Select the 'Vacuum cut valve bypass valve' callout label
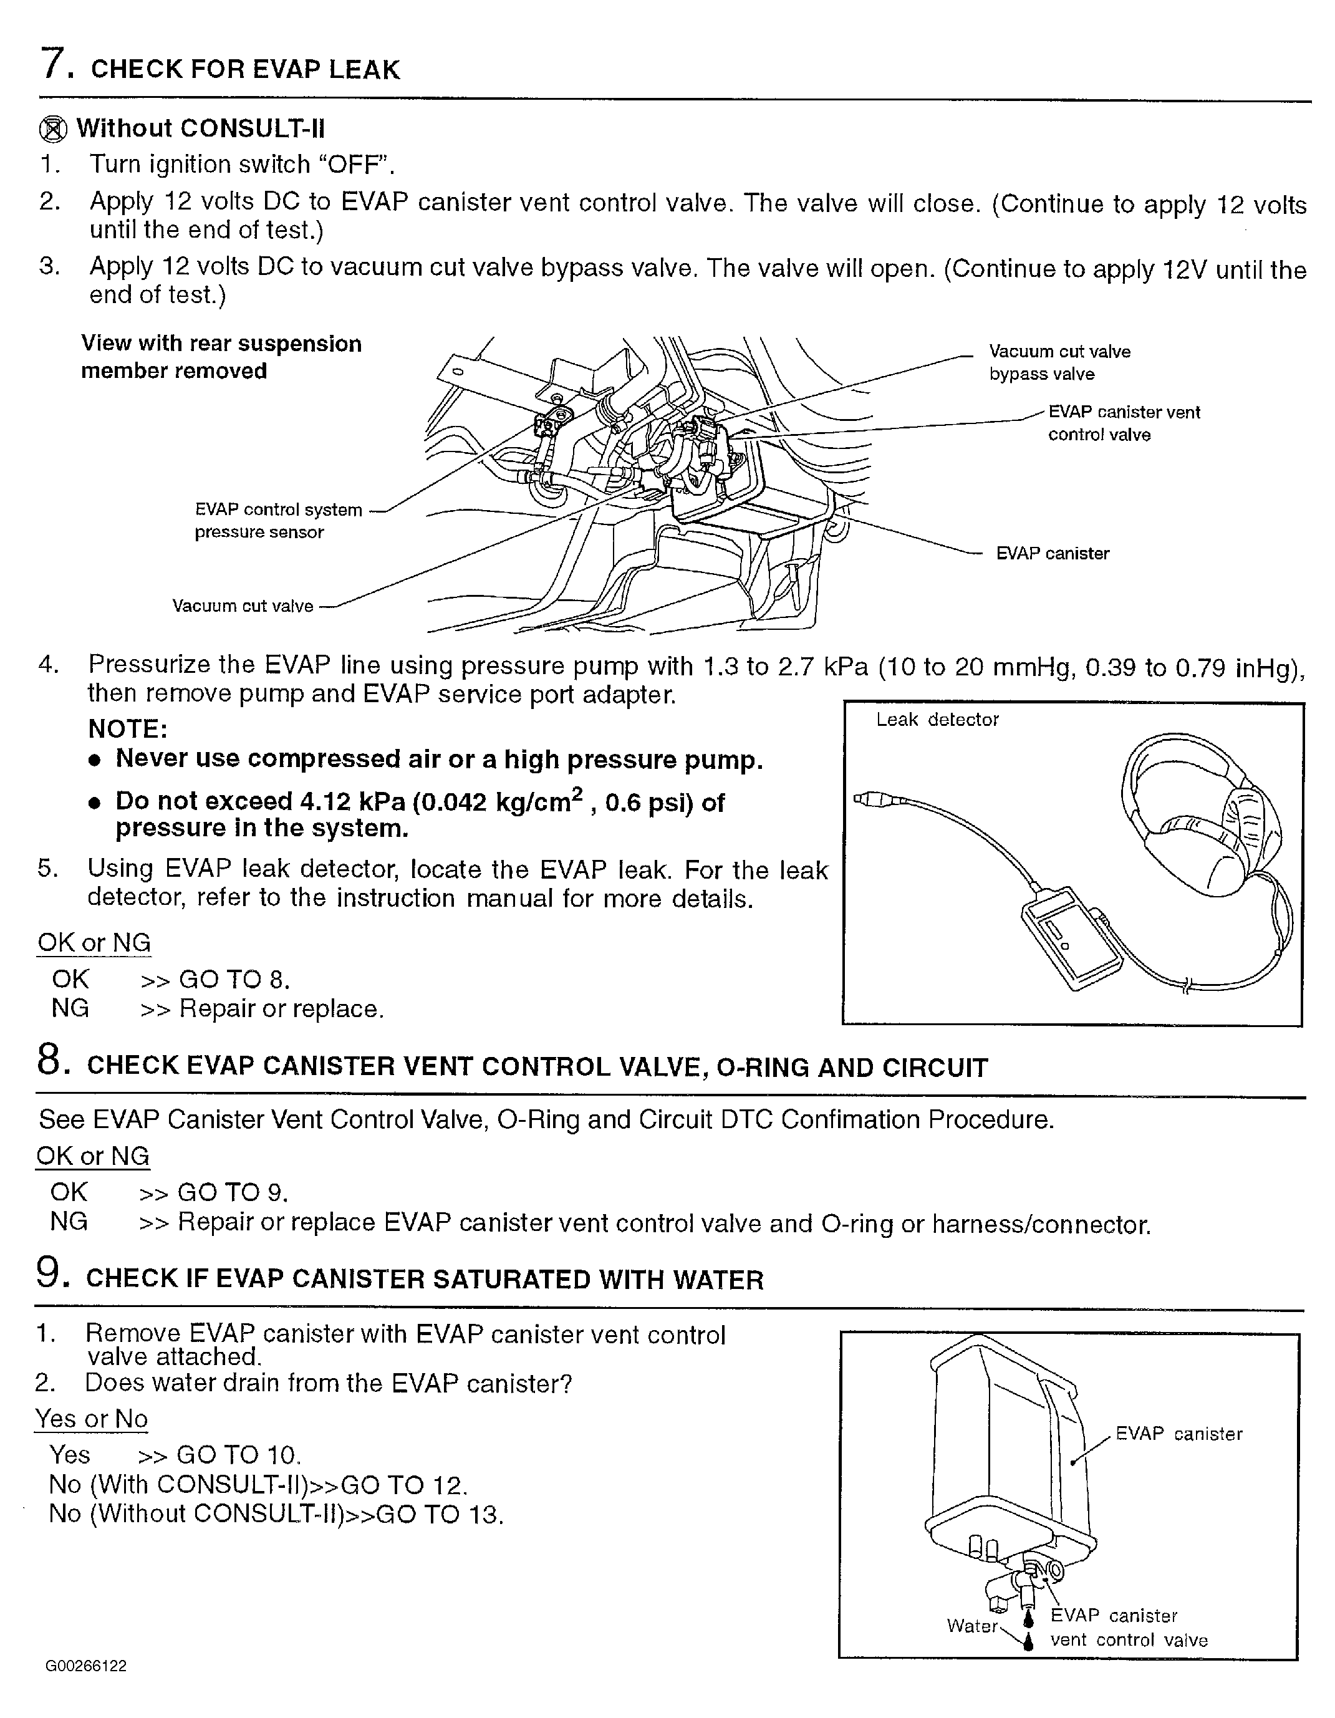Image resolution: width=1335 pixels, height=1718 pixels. (x=1059, y=363)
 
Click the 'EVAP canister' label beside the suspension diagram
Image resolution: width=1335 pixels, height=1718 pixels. (x=1052, y=554)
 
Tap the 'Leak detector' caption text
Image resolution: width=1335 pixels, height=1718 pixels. (x=937, y=720)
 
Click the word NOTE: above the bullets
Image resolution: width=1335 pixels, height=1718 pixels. (x=127, y=729)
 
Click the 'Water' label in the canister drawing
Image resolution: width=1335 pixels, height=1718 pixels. (x=971, y=1626)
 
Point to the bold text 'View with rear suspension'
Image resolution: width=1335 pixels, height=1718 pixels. (x=221, y=344)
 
